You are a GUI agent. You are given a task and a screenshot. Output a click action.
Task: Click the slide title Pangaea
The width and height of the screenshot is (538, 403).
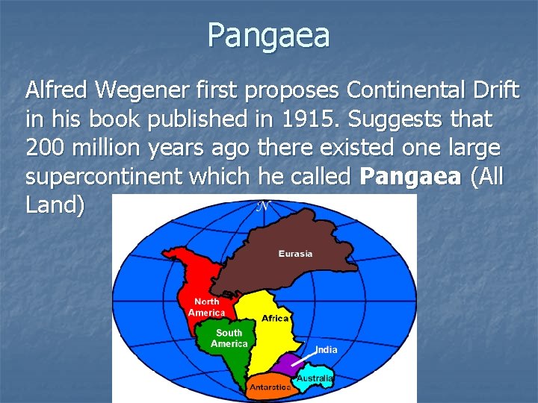click(x=269, y=35)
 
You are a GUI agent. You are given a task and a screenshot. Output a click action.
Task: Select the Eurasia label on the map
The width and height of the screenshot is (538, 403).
click(x=296, y=254)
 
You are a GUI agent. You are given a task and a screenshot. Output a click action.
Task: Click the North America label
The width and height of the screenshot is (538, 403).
click(x=206, y=307)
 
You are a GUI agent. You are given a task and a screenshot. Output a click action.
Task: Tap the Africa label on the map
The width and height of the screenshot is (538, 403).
click(x=275, y=319)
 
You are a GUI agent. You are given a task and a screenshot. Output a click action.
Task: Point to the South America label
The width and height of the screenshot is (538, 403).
click(x=229, y=338)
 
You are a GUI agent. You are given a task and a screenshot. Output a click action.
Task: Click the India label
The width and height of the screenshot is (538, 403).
click(x=326, y=349)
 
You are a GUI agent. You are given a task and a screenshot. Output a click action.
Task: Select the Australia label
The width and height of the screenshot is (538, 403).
click(x=315, y=378)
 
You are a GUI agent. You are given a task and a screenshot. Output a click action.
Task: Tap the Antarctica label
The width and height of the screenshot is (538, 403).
click(x=270, y=388)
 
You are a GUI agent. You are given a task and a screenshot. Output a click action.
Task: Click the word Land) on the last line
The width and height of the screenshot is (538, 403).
click(x=55, y=205)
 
